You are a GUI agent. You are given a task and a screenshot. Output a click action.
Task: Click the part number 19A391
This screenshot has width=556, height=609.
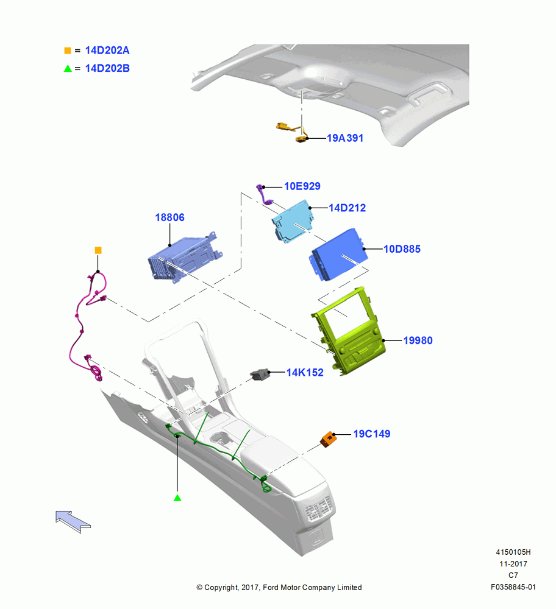click(x=345, y=138)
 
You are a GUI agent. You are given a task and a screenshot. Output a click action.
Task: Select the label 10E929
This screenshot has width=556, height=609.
click(x=302, y=186)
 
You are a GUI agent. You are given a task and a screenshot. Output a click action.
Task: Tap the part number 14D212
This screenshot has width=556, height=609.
click(x=347, y=208)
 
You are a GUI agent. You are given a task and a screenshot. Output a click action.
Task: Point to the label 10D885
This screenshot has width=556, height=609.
click(x=402, y=249)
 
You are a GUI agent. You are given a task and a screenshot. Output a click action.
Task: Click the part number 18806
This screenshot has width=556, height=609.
click(x=170, y=217)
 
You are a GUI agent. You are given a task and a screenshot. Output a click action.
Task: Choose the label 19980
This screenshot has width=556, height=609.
click(x=418, y=340)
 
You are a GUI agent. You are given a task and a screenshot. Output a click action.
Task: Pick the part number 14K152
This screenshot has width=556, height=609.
click(x=305, y=373)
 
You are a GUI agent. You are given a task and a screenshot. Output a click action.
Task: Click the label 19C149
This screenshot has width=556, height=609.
click(x=372, y=434)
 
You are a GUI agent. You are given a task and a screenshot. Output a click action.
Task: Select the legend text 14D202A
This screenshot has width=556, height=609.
click(x=107, y=51)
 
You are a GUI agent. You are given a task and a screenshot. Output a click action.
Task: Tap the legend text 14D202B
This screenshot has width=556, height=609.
click(x=107, y=68)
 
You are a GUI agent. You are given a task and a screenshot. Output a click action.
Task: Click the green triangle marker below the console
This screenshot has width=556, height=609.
click(x=177, y=498)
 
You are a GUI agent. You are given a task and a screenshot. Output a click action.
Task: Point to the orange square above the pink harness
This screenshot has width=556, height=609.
click(x=98, y=250)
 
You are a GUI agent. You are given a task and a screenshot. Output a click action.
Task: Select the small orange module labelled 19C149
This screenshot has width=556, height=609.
click(x=328, y=439)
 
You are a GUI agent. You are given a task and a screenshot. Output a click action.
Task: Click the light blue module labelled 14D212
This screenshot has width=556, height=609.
click(x=293, y=222)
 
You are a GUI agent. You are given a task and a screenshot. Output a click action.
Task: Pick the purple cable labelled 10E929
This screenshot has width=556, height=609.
click(x=265, y=194)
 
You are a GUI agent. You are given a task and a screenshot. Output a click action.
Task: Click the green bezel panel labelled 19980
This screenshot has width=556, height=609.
click(x=348, y=331)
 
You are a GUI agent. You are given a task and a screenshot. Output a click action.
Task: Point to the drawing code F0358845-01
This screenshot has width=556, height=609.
click(x=513, y=587)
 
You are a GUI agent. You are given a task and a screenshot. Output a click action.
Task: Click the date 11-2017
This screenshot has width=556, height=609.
click(x=513, y=564)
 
